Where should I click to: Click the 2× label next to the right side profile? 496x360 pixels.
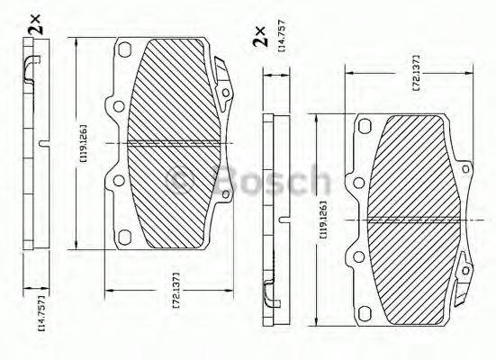[259, 36]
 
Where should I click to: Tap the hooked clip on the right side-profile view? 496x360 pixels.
[271, 292]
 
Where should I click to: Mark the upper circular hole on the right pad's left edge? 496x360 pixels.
[358, 184]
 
